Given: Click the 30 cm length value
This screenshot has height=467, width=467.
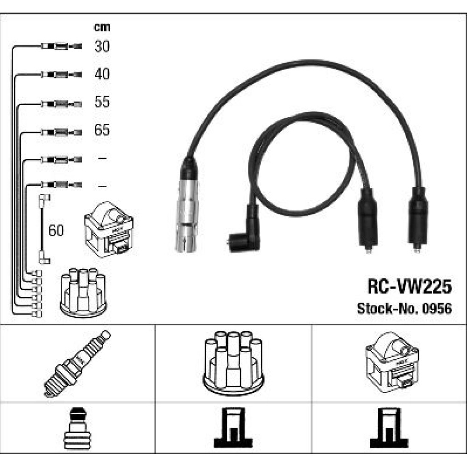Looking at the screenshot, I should (102, 46).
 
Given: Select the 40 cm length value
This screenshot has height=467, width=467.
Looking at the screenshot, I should (102, 74).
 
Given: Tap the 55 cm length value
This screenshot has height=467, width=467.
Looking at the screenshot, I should (102, 102).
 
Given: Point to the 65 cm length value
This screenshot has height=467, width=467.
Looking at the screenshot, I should (102, 130).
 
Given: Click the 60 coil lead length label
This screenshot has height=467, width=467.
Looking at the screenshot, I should (57, 230).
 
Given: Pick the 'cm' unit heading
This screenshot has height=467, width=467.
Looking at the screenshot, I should (102, 27).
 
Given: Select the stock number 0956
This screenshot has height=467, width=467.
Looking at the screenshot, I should (439, 309).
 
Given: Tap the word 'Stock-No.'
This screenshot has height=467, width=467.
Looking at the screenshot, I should (389, 309).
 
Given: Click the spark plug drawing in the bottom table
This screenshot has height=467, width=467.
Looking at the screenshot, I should (78, 363).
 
